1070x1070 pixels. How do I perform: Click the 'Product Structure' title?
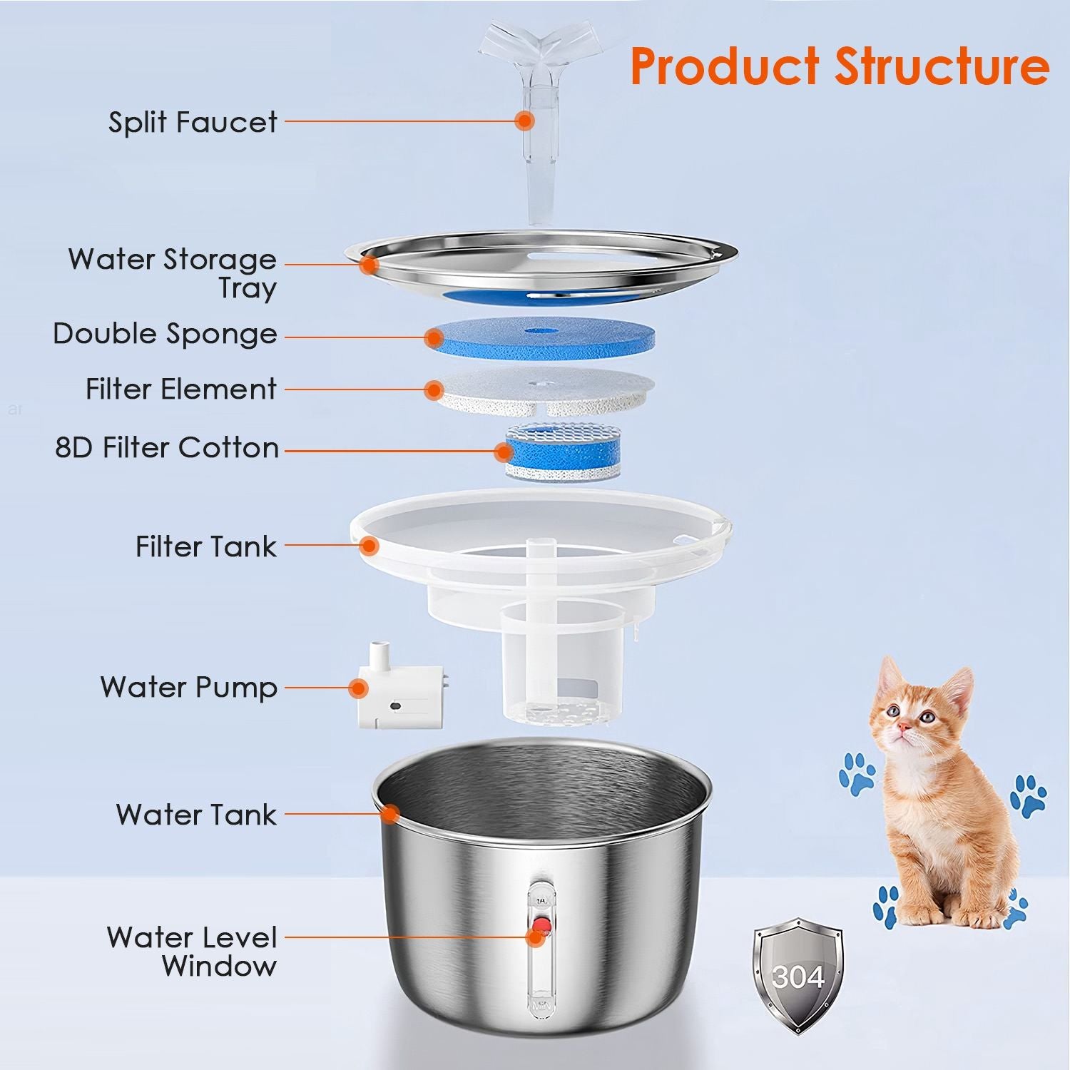pyautogui.click(x=840, y=66)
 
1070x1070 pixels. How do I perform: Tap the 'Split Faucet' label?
pyautogui.click(x=193, y=122)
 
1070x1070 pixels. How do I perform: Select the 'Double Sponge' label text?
pyautogui.click(x=165, y=334)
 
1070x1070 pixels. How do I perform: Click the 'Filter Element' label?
pyautogui.click(x=180, y=389)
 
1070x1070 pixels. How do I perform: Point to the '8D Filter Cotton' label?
pyautogui.click(x=167, y=448)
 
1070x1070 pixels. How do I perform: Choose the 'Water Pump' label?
pyautogui.click(x=188, y=688)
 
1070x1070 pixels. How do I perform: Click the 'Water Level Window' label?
pyautogui.click(x=191, y=952)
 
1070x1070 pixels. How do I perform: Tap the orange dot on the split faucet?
pyautogui.click(x=525, y=121)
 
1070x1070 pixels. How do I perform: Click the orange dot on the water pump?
pyautogui.click(x=359, y=688)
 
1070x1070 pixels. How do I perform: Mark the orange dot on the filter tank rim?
pyautogui.click(x=369, y=546)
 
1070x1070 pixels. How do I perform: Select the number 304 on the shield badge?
pyautogui.click(x=798, y=977)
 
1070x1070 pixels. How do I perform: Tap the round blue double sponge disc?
pyautogui.click(x=540, y=337)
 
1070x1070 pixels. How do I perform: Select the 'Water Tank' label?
pyautogui.click(x=196, y=815)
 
